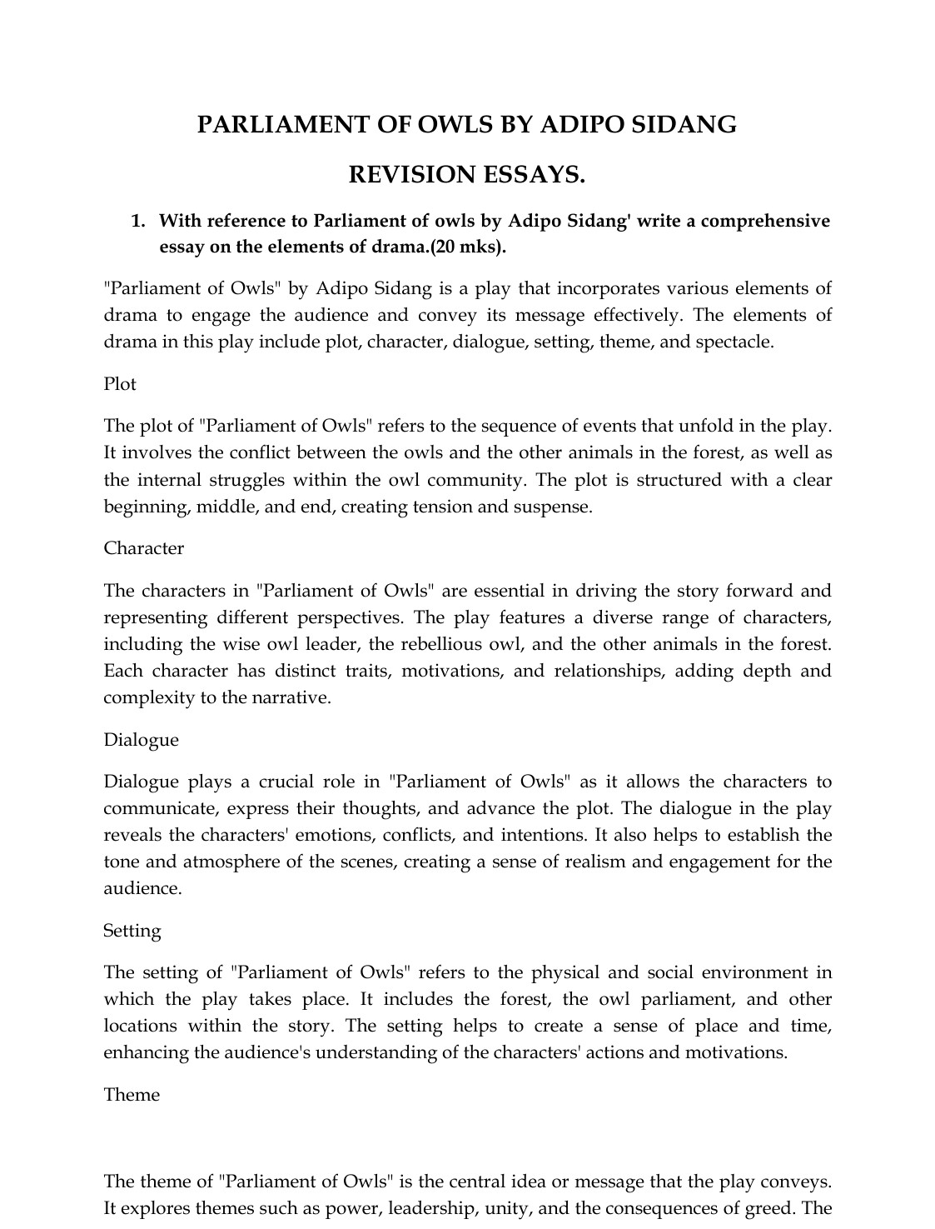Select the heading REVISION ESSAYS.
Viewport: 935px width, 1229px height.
[466, 175]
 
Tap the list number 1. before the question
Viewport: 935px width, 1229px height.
[138, 221]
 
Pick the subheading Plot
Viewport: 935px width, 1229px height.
[120, 384]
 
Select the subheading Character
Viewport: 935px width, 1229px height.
[143, 548]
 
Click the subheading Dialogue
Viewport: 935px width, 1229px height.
[141, 740]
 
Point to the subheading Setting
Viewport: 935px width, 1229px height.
[132, 931]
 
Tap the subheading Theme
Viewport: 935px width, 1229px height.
[131, 1095]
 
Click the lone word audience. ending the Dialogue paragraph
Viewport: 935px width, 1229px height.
[142, 888]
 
